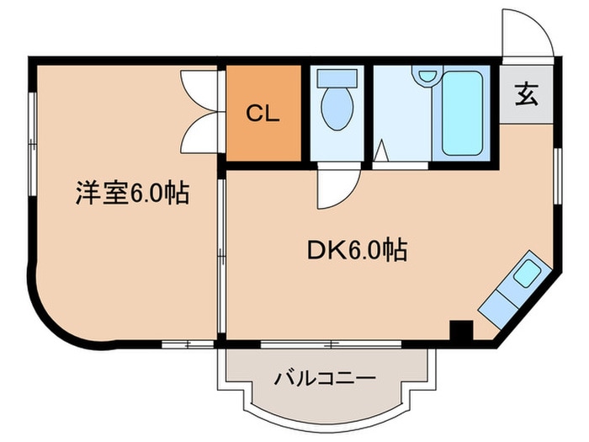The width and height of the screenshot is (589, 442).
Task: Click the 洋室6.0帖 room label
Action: click(129, 194)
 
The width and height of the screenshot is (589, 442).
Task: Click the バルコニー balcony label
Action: click(324, 378)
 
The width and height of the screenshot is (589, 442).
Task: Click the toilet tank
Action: click(337, 77)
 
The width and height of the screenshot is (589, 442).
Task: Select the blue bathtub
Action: click(462, 114)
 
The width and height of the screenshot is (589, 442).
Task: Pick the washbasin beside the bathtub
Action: click(424, 77)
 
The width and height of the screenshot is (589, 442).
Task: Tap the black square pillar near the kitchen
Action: click(459, 331)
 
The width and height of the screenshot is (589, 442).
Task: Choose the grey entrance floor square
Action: click(526, 95)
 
